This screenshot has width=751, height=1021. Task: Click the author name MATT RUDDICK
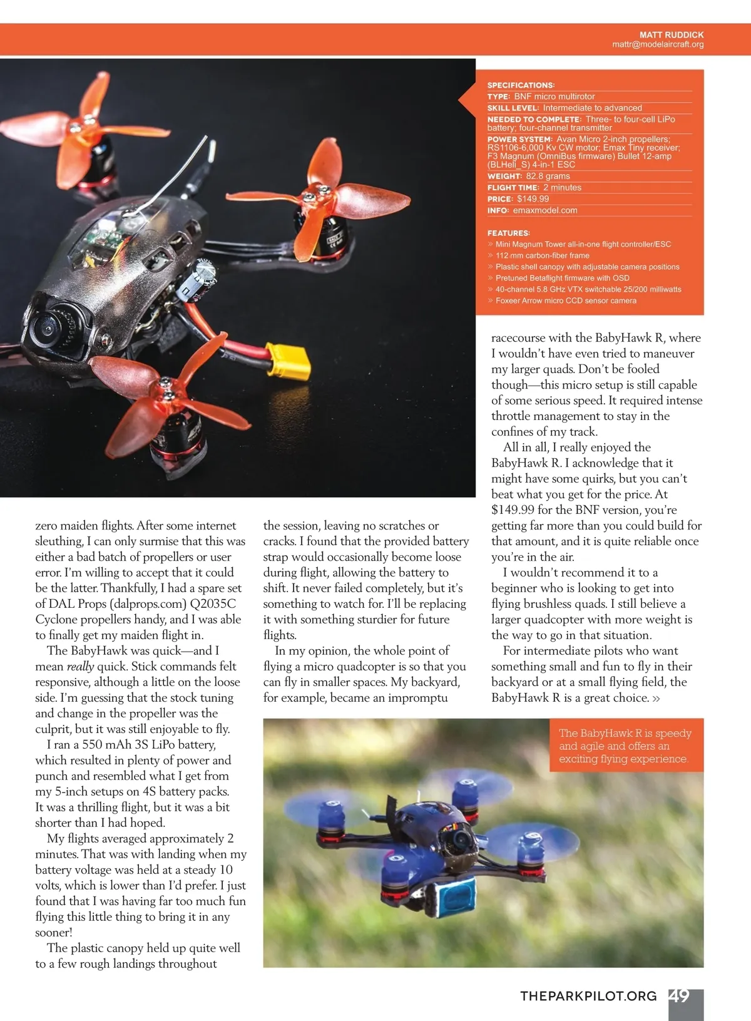tap(671, 35)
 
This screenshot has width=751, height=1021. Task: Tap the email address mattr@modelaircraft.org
tap(658, 44)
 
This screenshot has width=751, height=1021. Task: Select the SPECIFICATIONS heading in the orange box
tap(521, 85)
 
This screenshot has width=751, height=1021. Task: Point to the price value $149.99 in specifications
tap(533, 199)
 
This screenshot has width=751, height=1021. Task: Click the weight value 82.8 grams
tap(548, 177)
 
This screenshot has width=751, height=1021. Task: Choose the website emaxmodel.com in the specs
tap(544, 210)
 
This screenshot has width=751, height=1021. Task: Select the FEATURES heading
tap(508, 233)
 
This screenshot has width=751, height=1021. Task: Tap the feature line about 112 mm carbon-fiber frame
tap(542, 255)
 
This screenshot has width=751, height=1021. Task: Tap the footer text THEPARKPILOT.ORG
tap(588, 996)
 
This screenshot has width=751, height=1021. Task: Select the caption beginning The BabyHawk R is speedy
tap(625, 746)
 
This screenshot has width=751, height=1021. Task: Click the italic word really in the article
tap(80, 667)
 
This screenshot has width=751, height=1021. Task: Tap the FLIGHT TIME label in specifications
tap(513, 188)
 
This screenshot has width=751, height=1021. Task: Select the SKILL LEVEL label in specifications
tap(513, 108)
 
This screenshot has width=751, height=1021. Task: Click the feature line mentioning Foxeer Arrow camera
tap(566, 301)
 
